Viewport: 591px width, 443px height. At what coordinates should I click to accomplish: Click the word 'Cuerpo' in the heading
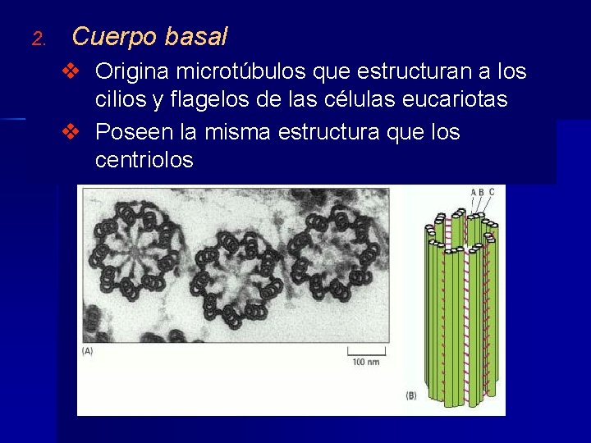click(x=114, y=37)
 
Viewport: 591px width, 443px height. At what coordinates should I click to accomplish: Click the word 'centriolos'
click(x=144, y=160)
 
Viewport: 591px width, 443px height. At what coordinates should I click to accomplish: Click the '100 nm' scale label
click(x=365, y=362)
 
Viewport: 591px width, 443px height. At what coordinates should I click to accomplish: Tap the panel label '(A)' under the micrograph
click(x=88, y=351)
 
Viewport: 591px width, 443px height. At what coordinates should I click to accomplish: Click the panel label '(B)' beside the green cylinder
click(x=412, y=396)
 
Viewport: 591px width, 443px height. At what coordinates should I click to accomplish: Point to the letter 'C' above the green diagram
click(x=492, y=192)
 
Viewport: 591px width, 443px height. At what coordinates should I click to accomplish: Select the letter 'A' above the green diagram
click(x=474, y=192)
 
